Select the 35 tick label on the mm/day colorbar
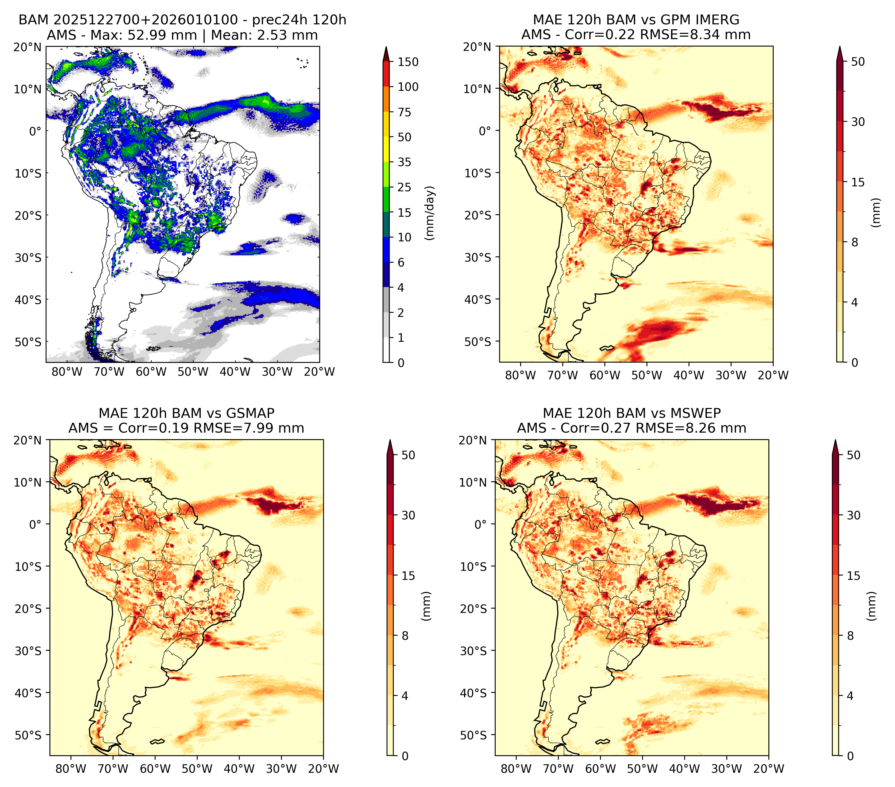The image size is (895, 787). pyautogui.click(x=404, y=162)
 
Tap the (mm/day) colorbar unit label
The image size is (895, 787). pyautogui.click(x=430, y=213)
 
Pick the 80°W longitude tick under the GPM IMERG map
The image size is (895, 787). pyautogui.click(x=520, y=375)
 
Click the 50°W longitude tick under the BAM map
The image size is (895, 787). pyautogui.click(x=193, y=372)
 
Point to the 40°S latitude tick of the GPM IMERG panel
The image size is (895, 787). pyautogui.click(x=478, y=299)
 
